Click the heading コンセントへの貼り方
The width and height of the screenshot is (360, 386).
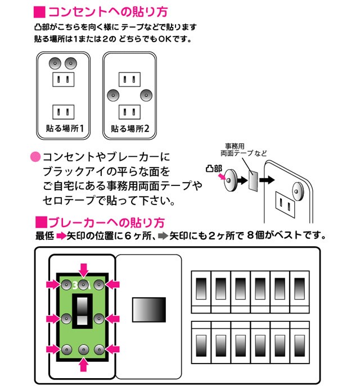coord(107,12)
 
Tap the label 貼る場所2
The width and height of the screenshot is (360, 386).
coord(130,128)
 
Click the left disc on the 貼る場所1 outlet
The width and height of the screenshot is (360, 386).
coord(55,63)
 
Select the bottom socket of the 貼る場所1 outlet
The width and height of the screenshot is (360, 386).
coord(64,110)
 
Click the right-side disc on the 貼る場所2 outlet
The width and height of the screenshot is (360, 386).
coord(147,94)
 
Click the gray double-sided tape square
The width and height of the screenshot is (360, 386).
coord(253,180)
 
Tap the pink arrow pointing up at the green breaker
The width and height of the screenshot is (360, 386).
coord(83,365)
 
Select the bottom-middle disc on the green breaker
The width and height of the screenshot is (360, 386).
coord(83,349)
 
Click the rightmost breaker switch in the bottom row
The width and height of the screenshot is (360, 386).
coord(299,341)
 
